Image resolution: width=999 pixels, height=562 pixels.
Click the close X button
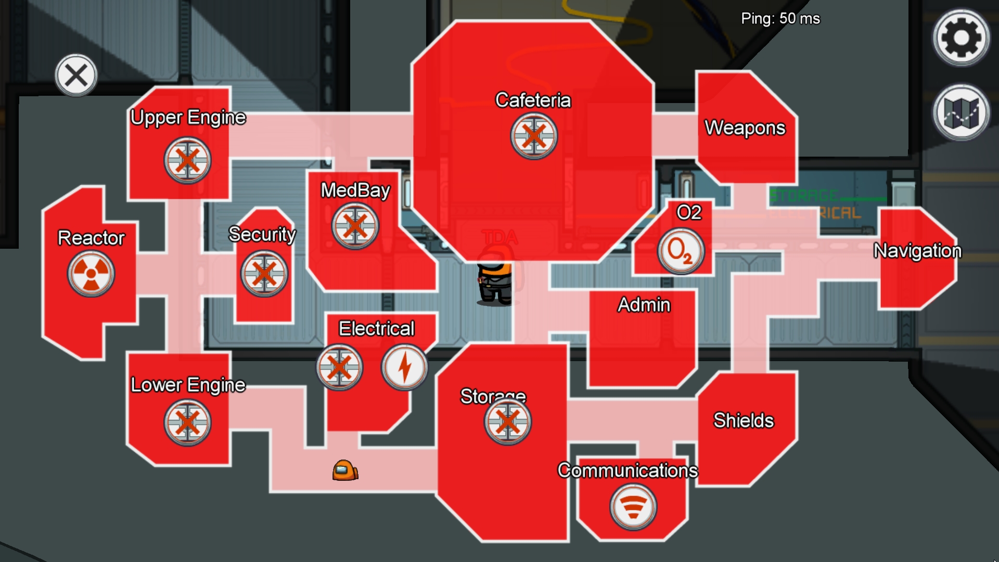point(76,75)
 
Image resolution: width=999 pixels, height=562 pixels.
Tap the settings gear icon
point(960,37)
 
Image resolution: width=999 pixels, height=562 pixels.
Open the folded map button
point(960,112)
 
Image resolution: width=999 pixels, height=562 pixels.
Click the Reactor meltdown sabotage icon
point(91,274)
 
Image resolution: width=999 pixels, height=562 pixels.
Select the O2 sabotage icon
point(681,251)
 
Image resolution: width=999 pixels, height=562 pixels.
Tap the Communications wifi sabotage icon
point(633,506)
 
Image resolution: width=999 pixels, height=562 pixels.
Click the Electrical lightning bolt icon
point(404,367)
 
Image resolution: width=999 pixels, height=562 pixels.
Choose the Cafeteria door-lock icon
point(533,136)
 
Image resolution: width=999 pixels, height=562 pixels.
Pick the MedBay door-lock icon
point(355,226)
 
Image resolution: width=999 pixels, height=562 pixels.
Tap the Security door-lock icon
point(264,274)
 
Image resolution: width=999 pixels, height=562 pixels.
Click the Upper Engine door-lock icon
point(187,160)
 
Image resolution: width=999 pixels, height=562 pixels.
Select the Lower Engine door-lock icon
point(187,423)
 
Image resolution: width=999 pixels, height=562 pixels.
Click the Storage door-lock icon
point(507,421)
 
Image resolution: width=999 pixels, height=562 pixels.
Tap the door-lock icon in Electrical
point(339,367)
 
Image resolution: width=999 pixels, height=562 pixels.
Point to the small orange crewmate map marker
point(345,470)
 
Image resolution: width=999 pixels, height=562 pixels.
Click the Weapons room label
point(745,127)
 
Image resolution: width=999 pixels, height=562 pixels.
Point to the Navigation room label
point(917,251)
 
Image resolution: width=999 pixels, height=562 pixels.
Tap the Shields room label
point(743,420)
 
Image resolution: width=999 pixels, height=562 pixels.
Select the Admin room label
point(644,305)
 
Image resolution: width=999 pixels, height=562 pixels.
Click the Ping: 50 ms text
point(780,19)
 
